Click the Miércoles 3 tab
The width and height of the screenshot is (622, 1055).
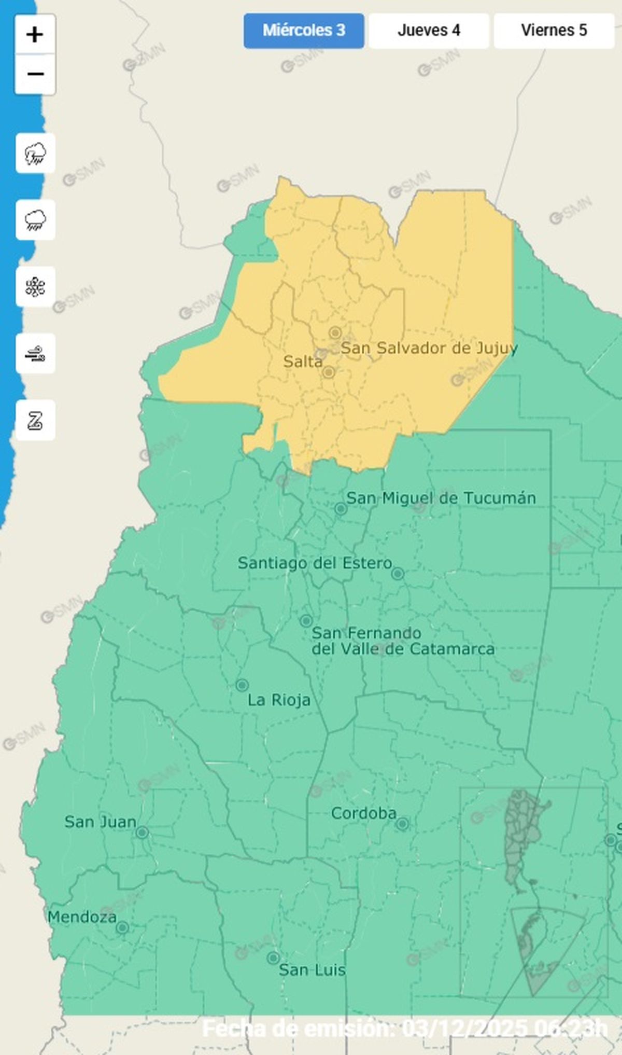[304, 31]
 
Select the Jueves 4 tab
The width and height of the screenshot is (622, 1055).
[429, 31]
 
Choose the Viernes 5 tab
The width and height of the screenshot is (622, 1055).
[554, 31]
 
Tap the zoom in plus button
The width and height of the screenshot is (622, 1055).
[35, 35]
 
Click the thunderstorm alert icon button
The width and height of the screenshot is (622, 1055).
[35, 154]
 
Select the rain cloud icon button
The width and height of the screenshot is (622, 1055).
[35, 220]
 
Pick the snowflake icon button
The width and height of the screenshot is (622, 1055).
[35, 287]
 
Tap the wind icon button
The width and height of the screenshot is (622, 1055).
[35, 354]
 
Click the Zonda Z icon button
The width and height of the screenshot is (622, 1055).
[35, 420]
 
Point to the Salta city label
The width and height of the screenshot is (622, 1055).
[302, 362]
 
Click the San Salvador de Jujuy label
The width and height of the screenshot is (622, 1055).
[429, 348]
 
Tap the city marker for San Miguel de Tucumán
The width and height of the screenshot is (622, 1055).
[341, 509]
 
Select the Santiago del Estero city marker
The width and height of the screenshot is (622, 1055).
[398, 574]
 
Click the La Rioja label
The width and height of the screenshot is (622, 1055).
[279, 700]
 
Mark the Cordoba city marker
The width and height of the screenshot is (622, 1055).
[403, 824]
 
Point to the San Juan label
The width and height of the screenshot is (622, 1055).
[100, 822]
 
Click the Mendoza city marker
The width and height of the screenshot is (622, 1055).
[122, 928]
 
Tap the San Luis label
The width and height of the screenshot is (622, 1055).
[312, 970]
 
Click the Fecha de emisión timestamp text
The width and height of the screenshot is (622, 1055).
[404, 1029]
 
